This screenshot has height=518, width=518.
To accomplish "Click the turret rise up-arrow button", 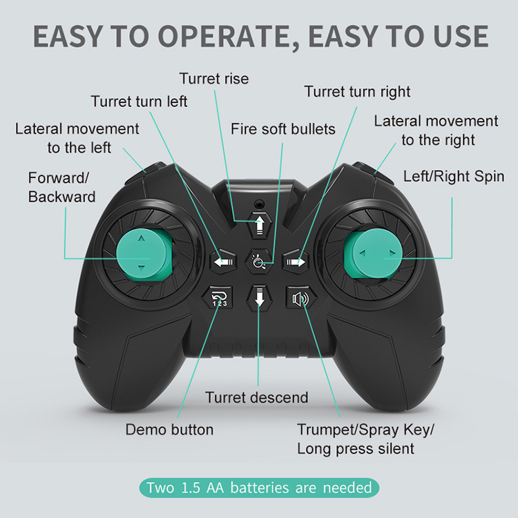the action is [260, 224].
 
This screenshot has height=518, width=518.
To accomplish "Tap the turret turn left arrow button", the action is [221, 262].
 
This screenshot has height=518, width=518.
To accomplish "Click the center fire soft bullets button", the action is [259, 262].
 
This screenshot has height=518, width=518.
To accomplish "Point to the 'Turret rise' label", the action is [214, 79].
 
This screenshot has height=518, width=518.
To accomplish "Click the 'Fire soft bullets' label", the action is [283, 129].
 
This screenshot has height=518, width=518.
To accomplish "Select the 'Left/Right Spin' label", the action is [454, 176].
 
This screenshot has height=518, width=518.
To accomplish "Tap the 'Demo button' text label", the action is [169, 430].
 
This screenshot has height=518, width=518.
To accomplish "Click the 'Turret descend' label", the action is [257, 398].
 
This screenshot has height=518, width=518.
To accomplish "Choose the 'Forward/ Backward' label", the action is [61, 187].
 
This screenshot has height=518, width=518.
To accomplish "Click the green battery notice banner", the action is [259, 488].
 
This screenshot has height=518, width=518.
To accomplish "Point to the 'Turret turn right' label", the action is [357, 92].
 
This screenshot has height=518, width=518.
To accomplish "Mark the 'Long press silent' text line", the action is [356, 449].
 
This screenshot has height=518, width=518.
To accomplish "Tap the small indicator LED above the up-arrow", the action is [260, 204].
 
